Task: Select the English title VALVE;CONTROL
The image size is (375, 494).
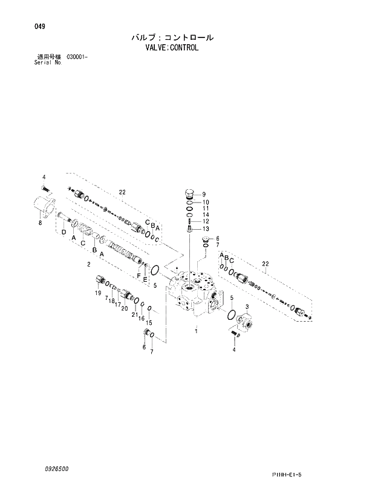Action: tap(172, 47)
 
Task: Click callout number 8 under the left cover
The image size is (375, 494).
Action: tap(40, 223)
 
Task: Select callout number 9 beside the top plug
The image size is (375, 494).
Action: tap(204, 194)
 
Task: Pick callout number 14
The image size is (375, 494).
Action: tap(206, 215)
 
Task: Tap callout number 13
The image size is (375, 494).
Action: tap(206, 229)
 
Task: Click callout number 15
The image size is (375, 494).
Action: tap(149, 322)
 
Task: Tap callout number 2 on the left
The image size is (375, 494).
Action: tap(89, 264)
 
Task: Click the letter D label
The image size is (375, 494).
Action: tap(64, 232)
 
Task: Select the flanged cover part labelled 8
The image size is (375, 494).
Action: tap(44, 206)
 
